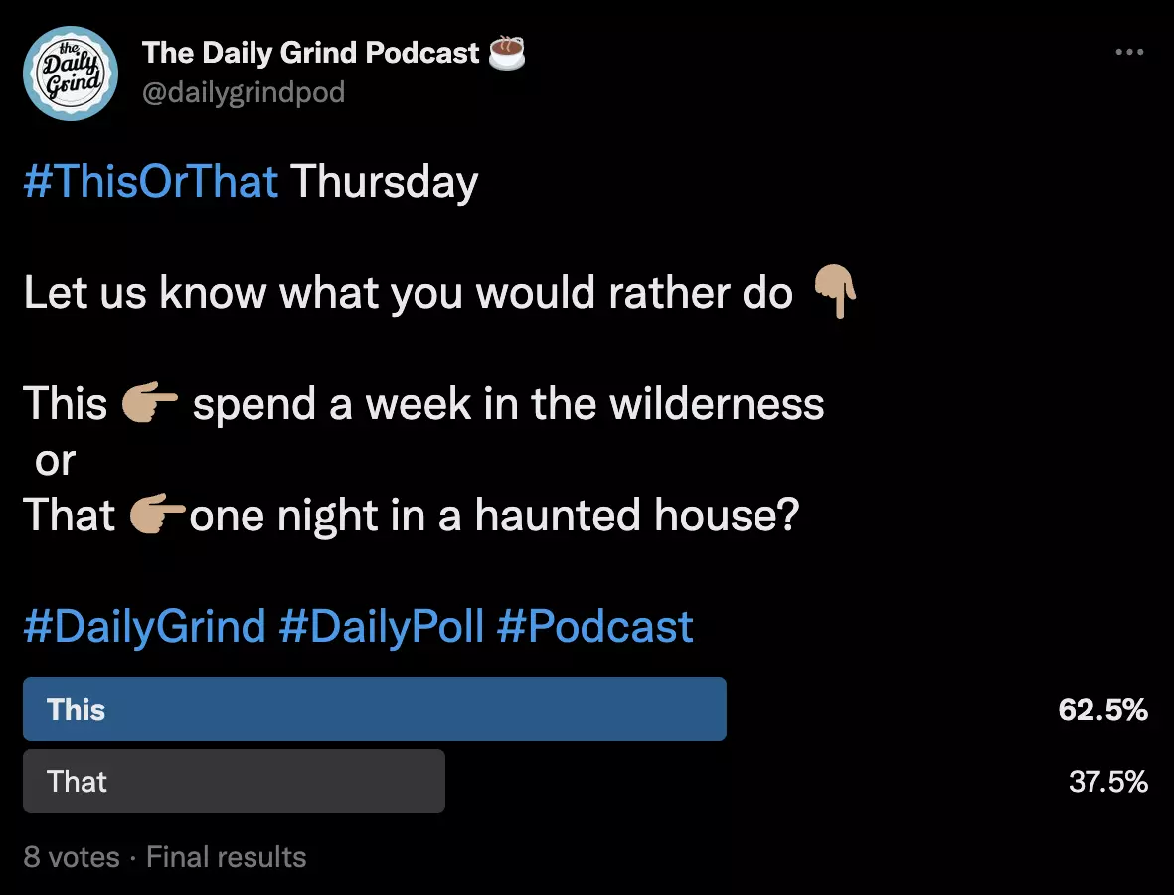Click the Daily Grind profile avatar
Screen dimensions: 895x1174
click(x=71, y=73)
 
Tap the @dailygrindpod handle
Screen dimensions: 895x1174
click(x=244, y=92)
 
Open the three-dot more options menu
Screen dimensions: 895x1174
click(x=1129, y=52)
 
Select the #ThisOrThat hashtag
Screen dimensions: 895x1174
click(x=150, y=183)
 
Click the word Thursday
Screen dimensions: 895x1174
click(x=384, y=183)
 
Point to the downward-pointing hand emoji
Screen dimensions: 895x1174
click(x=834, y=293)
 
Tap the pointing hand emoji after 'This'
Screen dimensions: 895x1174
click(x=149, y=404)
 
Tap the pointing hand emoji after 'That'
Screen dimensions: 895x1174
click(x=158, y=516)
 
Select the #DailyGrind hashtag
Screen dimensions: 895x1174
click(x=144, y=627)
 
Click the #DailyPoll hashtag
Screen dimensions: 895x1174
click(x=382, y=627)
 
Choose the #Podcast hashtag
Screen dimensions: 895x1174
click(x=594, y=627)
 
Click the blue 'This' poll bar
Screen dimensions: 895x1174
click(x=374, y=709)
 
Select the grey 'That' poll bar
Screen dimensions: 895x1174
click(x=234, y=781)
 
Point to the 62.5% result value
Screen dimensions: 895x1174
click(x=1102, y=710)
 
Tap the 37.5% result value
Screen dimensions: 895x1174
click(x=1107, y=782)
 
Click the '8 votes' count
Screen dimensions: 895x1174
click(x=72, y=857)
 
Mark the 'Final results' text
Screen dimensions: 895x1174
click(x=227, y=857)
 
